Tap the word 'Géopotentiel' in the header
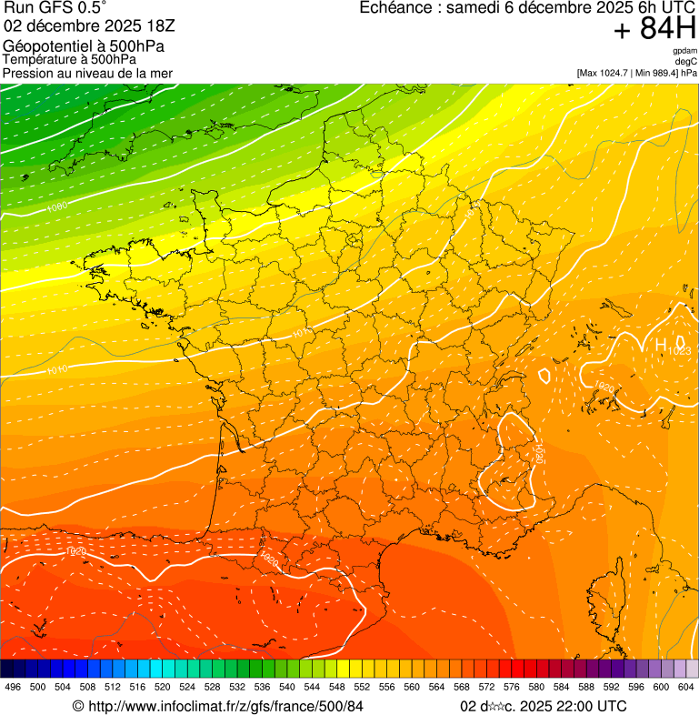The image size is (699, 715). (x=45, y=46)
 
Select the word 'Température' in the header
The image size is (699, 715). (x=37, y=60)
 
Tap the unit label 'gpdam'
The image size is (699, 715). (x=684, y=51)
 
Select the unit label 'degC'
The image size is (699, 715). (x=686, y=62)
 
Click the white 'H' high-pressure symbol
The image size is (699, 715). (x=661, y=345)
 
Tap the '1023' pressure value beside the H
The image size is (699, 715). (x=679, y=350)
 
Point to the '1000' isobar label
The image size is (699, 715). (x=56, y=207)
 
